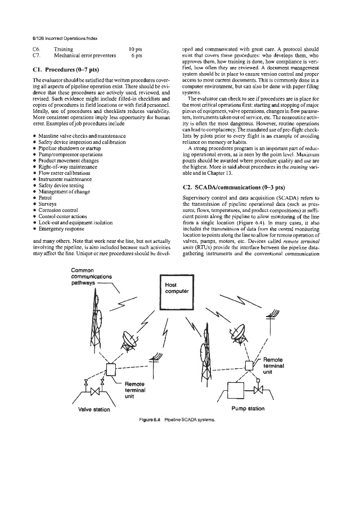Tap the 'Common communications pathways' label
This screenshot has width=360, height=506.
click(92, 277)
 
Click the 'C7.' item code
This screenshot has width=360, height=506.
click(36, 56)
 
